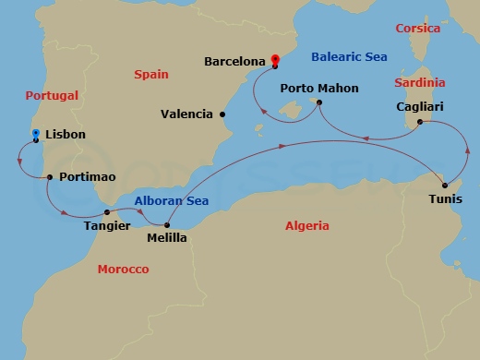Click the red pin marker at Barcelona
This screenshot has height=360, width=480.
point(275,61)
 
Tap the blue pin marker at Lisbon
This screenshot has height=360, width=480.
point(35,136)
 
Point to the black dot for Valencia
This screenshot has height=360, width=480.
point(222,114)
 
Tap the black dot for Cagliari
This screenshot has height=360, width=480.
point(420,122)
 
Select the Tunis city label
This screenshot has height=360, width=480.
point(447,198)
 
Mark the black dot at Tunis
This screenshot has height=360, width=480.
point(445,186)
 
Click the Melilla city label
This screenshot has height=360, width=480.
point(167,238)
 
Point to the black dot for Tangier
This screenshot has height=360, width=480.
point(107,212)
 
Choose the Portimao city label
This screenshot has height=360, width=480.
point(87,176)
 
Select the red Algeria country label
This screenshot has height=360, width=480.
point(306,224)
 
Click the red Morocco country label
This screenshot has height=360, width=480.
point(123,269)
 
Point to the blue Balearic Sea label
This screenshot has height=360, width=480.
point(349,57)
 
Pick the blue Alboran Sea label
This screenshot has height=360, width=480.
point(171,201)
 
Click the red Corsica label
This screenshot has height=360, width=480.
point(417,29)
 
